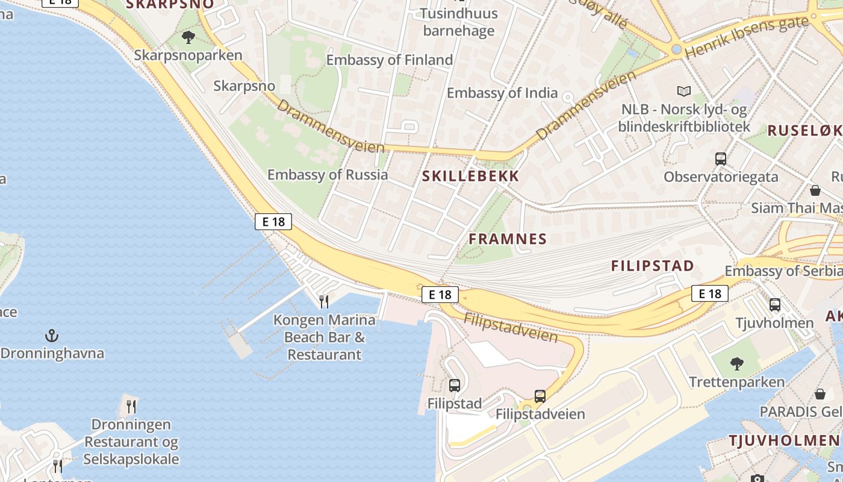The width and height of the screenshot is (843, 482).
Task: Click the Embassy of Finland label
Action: (x=389, y=60)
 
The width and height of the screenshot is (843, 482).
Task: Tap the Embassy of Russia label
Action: (x=328, y=175)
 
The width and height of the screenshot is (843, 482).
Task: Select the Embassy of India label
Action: (x=502, y=93)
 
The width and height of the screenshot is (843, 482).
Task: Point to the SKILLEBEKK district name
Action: (x=470, y=176)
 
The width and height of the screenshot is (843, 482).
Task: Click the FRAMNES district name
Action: (x=508, y=239)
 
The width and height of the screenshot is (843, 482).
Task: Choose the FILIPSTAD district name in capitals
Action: (x=653, y=266)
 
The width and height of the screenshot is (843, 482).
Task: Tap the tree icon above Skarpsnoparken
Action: (x=188, y=37)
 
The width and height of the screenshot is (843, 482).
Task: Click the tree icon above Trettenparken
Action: (x=736, y=363)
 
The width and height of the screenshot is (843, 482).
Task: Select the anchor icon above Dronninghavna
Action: (x=52, y=335)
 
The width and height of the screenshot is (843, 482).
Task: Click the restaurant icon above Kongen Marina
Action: (x=324, y=301)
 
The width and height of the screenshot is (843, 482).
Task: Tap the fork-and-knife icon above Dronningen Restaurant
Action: (x=131, y=406)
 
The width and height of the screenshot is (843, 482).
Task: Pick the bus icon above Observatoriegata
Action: (x=721, y=159)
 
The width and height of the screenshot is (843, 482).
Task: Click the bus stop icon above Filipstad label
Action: (x=455, y=385)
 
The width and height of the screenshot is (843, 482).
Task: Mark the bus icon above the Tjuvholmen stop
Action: (x=775, y=305)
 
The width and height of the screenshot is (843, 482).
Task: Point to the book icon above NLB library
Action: (x=684, y=91)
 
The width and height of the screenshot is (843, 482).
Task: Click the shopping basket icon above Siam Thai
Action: (x=815, y=190)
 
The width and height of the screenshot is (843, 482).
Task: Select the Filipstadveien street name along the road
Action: (x=511, y=327)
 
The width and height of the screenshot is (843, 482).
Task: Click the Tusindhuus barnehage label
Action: (x=459, y=22)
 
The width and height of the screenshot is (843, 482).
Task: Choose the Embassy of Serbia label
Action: (x=783, y=271)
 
